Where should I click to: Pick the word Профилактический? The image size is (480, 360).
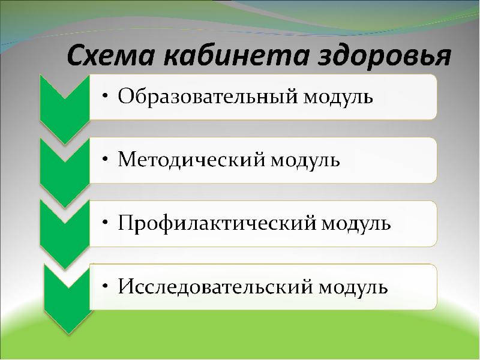(x=216, y=223)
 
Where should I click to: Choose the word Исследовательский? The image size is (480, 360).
(x=215, y=286)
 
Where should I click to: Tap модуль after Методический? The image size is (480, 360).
(x=306, y=160)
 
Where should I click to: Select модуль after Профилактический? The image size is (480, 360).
(x=357, y=223)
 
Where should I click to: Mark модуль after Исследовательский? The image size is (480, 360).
(x=353, y=286)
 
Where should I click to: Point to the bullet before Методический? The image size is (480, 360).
(x=105, y=160)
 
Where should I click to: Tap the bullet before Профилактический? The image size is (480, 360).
(x=105, y=224)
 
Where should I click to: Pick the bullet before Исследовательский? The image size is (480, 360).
(x=105, y=287)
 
